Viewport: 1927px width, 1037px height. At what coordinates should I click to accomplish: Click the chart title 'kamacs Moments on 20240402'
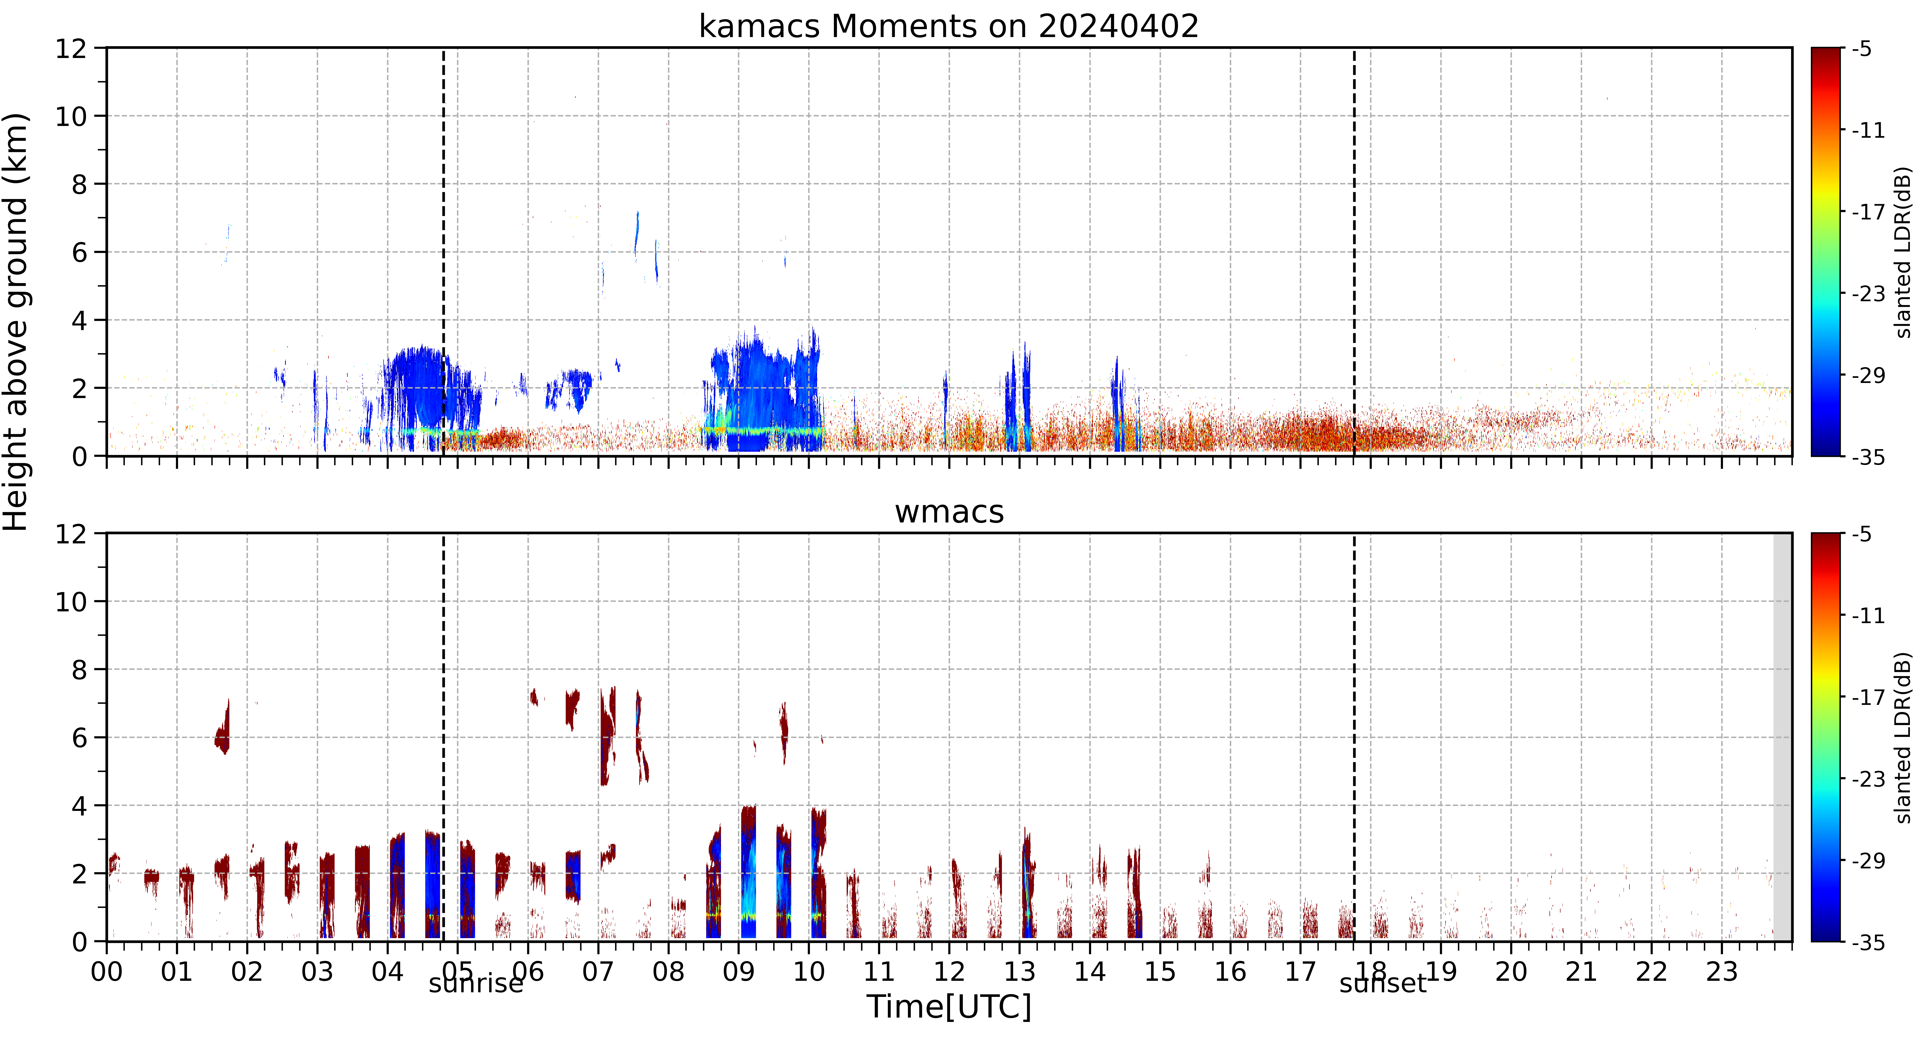[x=949, y=27]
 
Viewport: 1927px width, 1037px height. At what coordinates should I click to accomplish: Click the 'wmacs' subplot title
[x=949, y=512]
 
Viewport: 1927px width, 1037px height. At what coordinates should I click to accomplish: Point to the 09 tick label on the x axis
[x=738, y=972]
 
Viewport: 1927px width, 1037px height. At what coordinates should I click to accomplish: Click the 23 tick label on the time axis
[x=1721, y=972]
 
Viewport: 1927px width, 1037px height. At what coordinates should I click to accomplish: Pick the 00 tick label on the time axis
[x=107, y=972]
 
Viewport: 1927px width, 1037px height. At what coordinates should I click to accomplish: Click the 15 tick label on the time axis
[x=1160, y=972]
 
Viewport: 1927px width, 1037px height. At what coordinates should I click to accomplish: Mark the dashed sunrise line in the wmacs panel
[x=444, y=737]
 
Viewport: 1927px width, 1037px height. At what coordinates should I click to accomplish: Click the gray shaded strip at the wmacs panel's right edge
[x=1783, y=737]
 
